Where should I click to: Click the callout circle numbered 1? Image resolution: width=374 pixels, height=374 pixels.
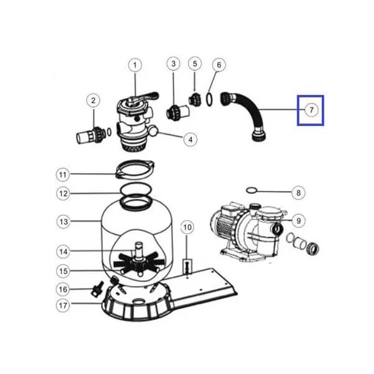[135, 65]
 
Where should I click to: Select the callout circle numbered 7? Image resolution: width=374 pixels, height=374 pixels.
[311, 110]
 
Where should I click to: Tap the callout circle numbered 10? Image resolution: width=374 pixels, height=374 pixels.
[187, 227]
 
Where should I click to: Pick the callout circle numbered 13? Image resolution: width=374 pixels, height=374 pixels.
[63, 222]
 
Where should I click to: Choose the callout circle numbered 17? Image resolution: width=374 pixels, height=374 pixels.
[63, 305]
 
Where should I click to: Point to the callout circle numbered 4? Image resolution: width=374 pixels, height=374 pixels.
[190, 140]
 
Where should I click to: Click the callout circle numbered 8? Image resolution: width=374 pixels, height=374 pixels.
[298, 192]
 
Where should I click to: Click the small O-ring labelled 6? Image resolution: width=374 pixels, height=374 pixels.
[208, 99]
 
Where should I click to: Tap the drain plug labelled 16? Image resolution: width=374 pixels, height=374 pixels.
[97, 289]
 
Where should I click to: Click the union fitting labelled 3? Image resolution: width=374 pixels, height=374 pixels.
[178, 112]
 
